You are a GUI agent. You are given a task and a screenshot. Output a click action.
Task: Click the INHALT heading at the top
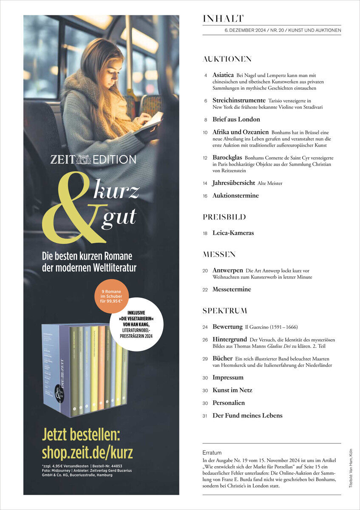tap(223, 19)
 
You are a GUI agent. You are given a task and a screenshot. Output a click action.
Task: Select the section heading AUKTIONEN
tap(227, 59)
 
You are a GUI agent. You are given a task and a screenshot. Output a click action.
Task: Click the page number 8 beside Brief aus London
tap(206, 120)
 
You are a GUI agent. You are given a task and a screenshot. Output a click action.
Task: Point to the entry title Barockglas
tap(227, 157)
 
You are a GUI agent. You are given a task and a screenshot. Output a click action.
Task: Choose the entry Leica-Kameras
tap(233, 233)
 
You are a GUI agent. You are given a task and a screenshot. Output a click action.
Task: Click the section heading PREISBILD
tap(224, 217)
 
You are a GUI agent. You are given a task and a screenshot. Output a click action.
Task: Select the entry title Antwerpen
tap(228, 270)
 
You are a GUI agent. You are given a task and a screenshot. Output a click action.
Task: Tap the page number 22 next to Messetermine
tap(205, 289)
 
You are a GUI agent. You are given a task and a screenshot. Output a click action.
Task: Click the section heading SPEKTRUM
tap(225, 311)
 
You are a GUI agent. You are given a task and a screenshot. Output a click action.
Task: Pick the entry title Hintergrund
tap(230, 340)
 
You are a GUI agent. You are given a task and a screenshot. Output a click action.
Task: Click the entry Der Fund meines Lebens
tap(247, 415)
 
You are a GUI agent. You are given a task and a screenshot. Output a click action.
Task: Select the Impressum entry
tap(228, 377)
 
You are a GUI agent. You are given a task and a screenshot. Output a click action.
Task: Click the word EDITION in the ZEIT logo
tap(115, 160)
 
